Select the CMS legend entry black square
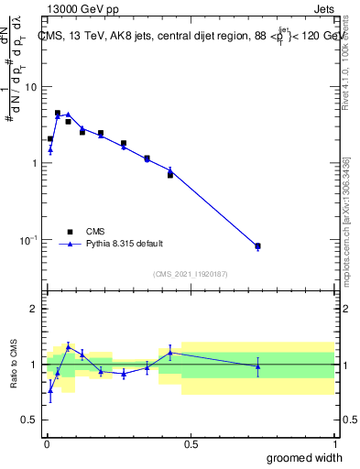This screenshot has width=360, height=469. pos(70,232)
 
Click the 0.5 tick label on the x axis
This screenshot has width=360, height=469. pos(191,444)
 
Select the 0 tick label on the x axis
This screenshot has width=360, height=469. pos(46,444)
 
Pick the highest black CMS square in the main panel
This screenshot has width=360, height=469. pos(58,114)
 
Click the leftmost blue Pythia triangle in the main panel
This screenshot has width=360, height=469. pos(50,149)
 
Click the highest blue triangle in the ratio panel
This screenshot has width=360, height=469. pos(68,346)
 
